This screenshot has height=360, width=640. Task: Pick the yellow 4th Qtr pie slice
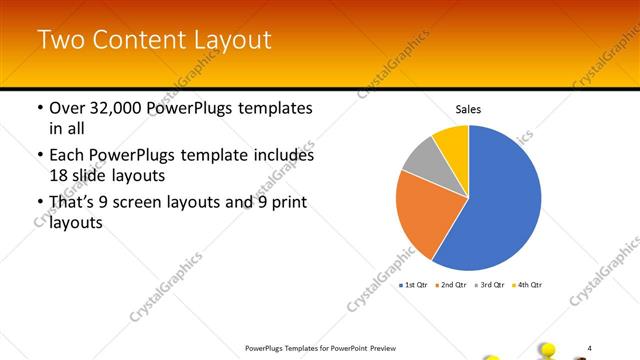click(x=452, y=142)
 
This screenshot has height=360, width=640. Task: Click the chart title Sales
click(x=469, y=109)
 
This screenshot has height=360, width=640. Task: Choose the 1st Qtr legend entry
click(x=415, y=285)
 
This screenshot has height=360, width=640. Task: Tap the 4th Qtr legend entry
click(x=528, y=285)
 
